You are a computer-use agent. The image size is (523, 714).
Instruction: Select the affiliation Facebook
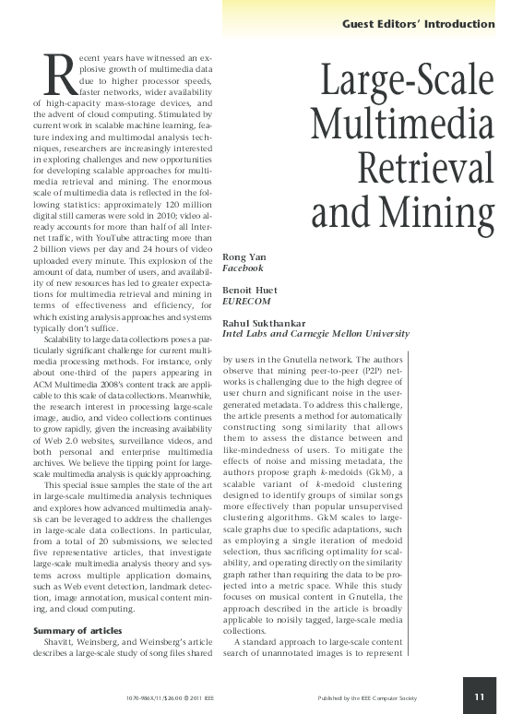coord(243,268)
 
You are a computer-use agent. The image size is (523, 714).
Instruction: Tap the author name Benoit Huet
coord(246,290)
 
